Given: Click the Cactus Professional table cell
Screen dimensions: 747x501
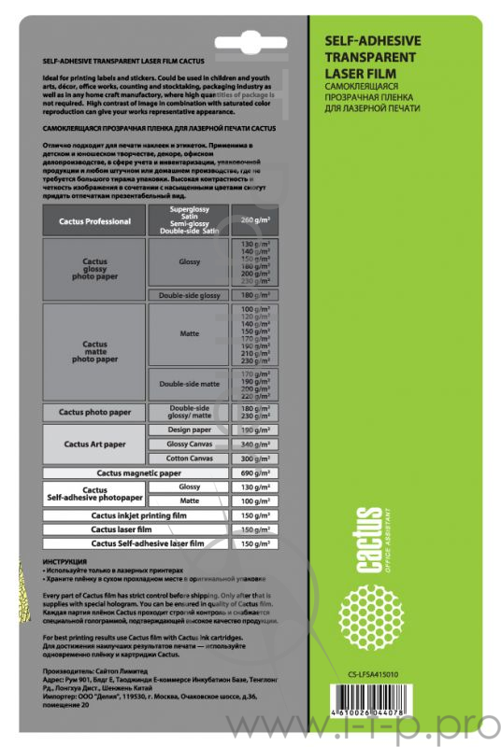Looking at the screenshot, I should (x=94, y=220).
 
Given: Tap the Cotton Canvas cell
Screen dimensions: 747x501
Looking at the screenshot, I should (x=190, y=458).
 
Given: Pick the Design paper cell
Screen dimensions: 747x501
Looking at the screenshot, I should (x=190, y=430).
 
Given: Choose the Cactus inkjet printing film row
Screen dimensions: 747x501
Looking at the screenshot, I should (x=136, y=514).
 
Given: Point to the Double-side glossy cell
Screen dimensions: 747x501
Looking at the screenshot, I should (x=190, y=295).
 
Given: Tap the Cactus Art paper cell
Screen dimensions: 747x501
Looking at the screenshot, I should (x=94, y=444).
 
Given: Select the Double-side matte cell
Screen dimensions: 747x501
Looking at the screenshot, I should (x=190, y=383).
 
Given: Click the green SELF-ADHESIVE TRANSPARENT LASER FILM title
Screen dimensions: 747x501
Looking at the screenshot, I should (x=371, y=57).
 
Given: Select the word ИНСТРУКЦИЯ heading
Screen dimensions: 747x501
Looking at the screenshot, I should (x=64, y=560).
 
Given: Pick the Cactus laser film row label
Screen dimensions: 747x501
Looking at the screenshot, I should (x=136, y=529).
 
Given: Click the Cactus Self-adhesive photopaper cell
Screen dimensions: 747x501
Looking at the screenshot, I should (x=94, y=494).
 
